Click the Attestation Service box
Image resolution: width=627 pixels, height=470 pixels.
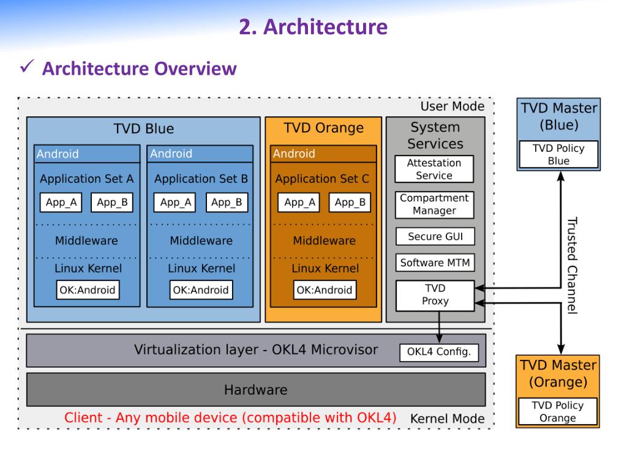(x=434, y=169)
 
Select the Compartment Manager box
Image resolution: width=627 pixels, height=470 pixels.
(x=435, y=204)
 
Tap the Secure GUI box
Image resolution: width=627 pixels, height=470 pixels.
(x=435, y=237)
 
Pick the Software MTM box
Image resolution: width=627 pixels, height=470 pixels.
(x=435, y=263)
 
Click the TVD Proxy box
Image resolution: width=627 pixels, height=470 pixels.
(x=435, y=296)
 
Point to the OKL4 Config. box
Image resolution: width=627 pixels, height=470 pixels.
(x=439, y=352)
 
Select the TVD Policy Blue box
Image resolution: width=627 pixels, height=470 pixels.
(x=558, y=154)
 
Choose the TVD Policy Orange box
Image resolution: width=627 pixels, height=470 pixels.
(x=558, y=411)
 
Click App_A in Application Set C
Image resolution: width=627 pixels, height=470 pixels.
(x=299, y=202)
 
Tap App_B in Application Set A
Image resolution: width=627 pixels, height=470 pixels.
(x=112, y=202)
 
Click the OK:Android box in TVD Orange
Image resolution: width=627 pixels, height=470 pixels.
(x=325, y=289)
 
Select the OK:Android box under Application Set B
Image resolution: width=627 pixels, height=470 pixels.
(x=201, y=289)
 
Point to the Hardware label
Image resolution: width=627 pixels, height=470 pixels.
(x=256, y=390)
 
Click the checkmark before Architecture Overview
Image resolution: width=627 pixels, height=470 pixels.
(x=27, y=66)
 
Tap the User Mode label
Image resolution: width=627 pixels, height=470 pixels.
(x=452, y=106)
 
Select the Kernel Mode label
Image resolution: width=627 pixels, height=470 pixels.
(x=448, y=419)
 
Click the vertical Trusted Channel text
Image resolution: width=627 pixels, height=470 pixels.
(x=573, y=266)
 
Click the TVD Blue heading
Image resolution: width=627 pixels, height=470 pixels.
(x=143, y=129)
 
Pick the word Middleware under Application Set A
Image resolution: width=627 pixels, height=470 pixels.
(x=86, y=241)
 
